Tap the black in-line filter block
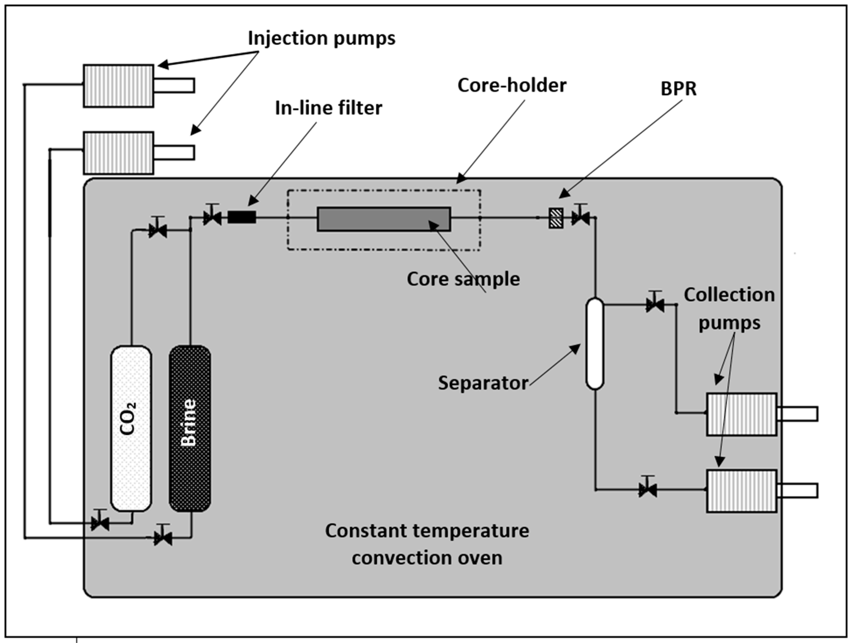(241, 217)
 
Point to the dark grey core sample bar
(384, 219)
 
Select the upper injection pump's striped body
(119, 86)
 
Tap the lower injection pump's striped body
(119, 153)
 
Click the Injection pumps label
(321, 38)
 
